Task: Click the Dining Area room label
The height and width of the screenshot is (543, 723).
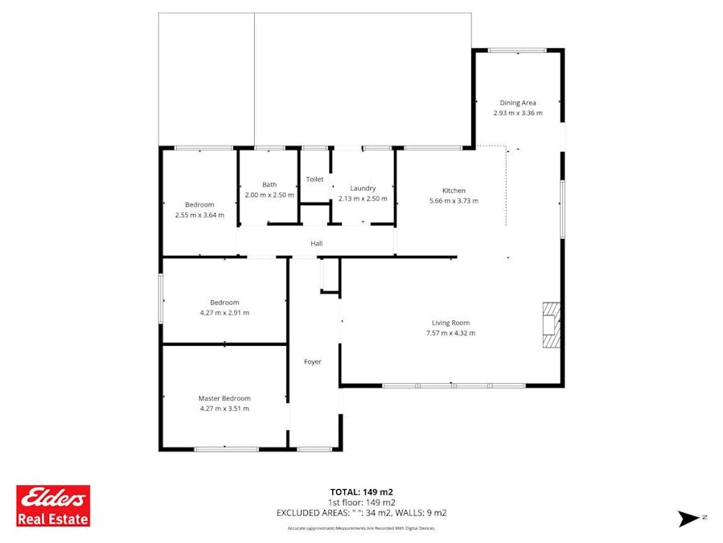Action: [518, 102]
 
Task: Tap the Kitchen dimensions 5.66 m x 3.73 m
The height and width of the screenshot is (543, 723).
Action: [454, 201]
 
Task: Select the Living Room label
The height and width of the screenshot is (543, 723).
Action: [450, 323]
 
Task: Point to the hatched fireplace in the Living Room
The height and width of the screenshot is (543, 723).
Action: [550, 324]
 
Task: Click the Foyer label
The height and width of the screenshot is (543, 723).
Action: [312, 362]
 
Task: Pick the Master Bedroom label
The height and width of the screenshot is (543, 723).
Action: [224, 398]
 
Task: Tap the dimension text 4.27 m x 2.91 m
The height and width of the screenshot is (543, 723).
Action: [224, 313]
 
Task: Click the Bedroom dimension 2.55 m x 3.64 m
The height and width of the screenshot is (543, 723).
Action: [199, 215]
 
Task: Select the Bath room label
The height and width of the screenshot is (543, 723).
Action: [269, 185]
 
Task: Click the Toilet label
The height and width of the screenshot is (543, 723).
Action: [314, 179]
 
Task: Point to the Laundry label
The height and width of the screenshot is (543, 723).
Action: [363, 188]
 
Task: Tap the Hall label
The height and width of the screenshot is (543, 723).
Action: [317, 243]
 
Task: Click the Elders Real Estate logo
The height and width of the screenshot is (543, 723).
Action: [54, 505]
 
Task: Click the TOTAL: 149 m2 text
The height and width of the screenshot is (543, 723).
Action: [361, 492]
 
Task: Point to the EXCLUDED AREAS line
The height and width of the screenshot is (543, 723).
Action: [361, 512]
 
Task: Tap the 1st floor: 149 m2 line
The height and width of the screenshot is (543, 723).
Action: [361, 502]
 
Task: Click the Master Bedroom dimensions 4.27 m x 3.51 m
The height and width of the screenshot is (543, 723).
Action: [224, 409]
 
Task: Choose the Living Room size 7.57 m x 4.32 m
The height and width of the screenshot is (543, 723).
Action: [450, 333]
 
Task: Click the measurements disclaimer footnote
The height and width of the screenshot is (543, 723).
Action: [361, 529]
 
